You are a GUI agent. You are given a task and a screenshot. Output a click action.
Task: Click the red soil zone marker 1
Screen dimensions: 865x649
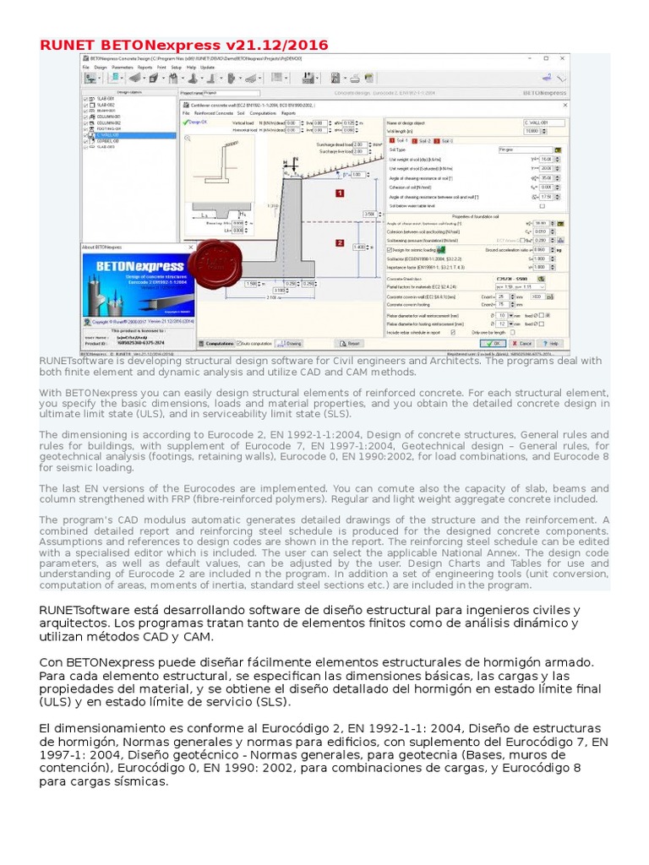tap(340, 193)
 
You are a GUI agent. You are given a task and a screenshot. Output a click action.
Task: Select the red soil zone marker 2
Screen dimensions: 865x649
tap(340, 243)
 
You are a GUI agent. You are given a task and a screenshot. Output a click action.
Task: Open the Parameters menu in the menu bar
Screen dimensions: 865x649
tap(122, 67)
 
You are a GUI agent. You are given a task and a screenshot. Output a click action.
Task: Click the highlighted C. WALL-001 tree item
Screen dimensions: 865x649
tap(107, 133)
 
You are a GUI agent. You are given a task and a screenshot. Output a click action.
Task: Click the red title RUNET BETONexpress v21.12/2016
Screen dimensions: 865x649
tap(184, 45)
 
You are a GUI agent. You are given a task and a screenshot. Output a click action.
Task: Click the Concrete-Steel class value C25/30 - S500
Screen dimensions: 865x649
tap(512, 278)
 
